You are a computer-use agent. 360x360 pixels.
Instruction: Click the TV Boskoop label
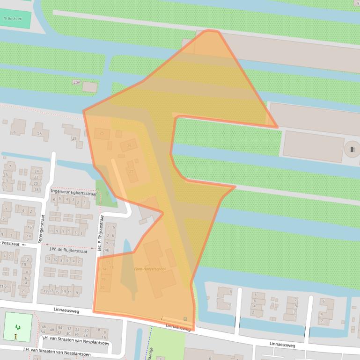point(12,19)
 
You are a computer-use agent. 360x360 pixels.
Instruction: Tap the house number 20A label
point(77,82)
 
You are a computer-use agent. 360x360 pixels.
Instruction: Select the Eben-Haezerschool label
point(150,269)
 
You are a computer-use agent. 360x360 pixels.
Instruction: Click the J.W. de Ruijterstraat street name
point(68,251)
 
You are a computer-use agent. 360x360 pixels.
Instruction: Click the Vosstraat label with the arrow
point(12,244)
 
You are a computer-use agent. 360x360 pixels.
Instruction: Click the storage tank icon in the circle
point(353,150)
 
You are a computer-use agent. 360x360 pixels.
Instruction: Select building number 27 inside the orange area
point(131,172)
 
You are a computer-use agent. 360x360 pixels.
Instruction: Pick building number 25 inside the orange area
point(102,133)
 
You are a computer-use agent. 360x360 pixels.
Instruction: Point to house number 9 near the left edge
point(14,133)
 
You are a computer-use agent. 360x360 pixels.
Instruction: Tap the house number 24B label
point(106,250)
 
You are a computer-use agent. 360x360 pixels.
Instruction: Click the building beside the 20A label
point(89,87)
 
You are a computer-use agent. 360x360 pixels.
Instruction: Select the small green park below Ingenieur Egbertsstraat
point(107,193)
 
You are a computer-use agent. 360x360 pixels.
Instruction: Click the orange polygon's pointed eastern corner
point(277,127)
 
